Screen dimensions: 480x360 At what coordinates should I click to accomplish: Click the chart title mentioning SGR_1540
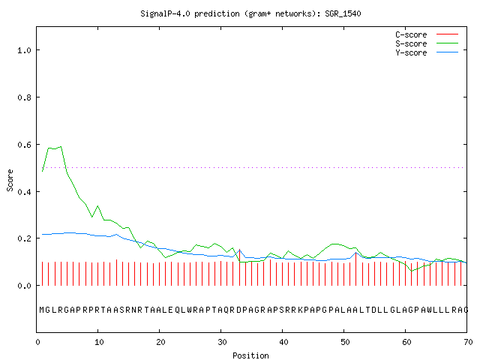[x=250, y=13]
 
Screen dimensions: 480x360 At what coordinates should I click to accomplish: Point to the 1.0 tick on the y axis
[x=25, y=50]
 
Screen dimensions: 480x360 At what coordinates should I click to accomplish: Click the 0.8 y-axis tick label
[x=25, y=97]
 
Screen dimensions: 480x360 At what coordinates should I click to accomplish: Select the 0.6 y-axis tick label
[x=25, y=145]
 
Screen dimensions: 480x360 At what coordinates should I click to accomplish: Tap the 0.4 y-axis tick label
[x=25, y=192]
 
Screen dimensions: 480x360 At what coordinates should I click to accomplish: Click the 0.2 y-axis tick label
[x=25, y=238]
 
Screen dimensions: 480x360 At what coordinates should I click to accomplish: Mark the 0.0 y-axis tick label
[x=25, y=286]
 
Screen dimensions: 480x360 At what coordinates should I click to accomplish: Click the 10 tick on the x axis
[x=99, y=342]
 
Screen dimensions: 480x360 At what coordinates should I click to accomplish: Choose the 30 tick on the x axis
[x=222, y=342]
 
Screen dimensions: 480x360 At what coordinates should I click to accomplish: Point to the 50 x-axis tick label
[x=345, y=342]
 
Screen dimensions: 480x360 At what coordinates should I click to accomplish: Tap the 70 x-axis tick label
[x=468, y=342]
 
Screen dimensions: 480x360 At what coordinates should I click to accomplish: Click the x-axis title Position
[x=250, y=355]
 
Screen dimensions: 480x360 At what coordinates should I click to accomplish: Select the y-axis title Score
[x=10, y=180]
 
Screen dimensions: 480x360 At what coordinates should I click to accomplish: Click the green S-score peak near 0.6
[x=61, y=147]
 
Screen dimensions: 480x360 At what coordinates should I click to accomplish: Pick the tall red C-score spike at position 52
[x=355, y=269]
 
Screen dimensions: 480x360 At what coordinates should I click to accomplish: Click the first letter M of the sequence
[x=43, y=310]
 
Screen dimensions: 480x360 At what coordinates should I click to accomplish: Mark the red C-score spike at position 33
[x=239, y=267]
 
